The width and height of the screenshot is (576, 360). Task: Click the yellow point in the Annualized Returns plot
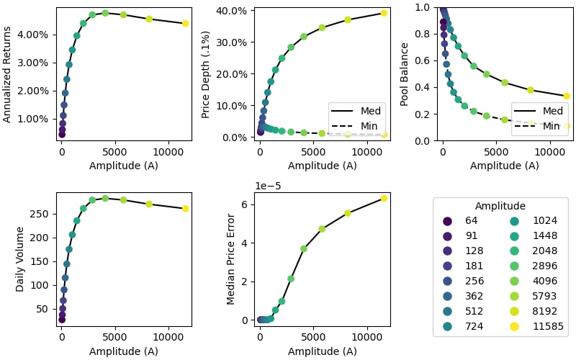pos(185,23)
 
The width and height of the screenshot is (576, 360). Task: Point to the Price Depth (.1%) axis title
pos(205,74)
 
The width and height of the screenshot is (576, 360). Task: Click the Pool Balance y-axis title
pos(405,74)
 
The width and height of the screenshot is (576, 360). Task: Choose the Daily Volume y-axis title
pos(20,259)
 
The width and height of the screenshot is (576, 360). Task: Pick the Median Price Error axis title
pos(231,259)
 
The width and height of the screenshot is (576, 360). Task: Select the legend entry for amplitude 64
pos(464,221)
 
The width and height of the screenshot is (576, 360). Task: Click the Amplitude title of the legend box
pos(500,206)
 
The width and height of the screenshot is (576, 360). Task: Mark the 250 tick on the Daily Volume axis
pos(42,214)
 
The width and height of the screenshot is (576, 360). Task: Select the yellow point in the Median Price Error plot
pos(384,198)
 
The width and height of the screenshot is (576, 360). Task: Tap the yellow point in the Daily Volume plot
pos(185,209)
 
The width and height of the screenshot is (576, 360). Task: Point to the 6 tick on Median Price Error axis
pos(246,204)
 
